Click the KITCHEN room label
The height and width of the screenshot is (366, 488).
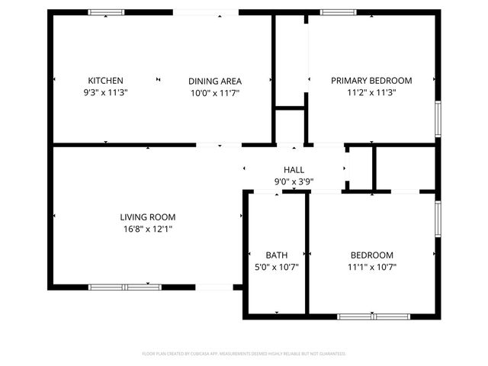105,81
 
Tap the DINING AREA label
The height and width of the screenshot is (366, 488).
215,81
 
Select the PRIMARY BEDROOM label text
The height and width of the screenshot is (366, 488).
371,81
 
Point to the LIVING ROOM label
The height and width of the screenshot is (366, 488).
147,217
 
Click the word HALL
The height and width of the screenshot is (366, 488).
294,170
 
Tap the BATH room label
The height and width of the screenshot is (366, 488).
276,255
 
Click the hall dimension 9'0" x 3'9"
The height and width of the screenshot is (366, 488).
294,181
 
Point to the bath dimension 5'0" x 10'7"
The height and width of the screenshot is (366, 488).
276,267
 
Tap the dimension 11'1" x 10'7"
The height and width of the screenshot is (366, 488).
371,267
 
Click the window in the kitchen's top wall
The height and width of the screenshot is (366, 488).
106,12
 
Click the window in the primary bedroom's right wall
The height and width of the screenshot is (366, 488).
438,118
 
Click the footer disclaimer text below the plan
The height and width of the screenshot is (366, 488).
244,354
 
